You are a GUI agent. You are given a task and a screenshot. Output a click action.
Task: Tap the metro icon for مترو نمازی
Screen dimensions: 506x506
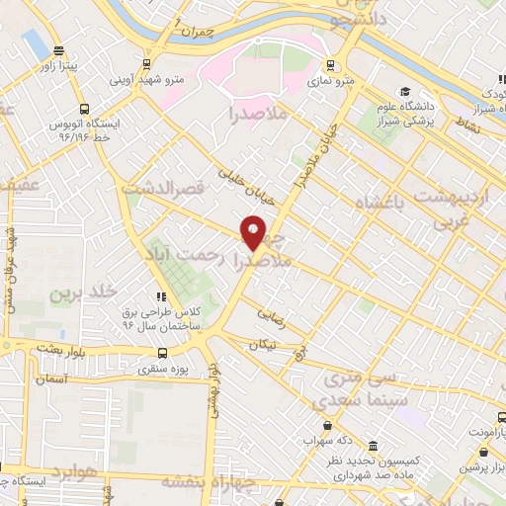coord(329,67)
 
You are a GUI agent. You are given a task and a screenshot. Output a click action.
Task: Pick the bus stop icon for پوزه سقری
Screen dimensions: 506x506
coord(163,352)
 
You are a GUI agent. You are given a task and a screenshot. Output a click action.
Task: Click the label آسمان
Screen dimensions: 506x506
coord(50,379)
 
